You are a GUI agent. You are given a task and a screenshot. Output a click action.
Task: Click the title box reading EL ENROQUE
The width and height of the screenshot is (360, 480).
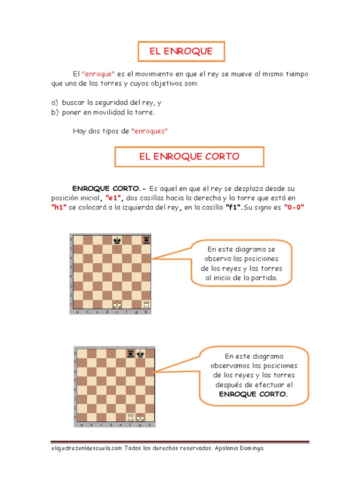(181, 52)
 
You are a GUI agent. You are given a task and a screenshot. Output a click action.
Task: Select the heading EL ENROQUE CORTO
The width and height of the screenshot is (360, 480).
(189, 157)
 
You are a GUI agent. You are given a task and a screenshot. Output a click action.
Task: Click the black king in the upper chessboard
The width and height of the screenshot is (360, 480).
(117, 240)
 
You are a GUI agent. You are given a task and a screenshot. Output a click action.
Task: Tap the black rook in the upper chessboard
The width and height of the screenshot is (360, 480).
(146, 240)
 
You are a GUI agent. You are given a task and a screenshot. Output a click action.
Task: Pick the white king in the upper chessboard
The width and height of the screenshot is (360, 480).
(117, 304)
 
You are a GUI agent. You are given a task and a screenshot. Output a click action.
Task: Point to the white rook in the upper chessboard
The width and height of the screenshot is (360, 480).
(146, 304)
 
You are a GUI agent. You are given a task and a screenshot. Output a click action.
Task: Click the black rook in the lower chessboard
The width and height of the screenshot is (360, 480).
(131, 354)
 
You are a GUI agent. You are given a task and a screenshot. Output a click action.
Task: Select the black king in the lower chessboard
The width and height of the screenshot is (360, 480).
(140, 354)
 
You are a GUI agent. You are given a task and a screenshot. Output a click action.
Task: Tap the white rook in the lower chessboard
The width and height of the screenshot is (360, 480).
(131, 417)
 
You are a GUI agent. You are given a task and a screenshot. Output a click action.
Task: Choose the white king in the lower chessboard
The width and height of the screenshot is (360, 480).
(140, 417)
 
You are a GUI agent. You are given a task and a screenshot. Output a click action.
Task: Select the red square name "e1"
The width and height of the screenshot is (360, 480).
(114, 198)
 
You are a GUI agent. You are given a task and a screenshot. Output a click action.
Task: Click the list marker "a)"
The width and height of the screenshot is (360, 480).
(54, 103)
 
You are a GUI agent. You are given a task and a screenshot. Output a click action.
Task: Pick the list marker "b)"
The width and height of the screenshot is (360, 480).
(54, 112)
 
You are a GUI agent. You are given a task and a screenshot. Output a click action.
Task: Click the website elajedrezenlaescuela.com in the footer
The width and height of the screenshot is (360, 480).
(87, 448)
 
